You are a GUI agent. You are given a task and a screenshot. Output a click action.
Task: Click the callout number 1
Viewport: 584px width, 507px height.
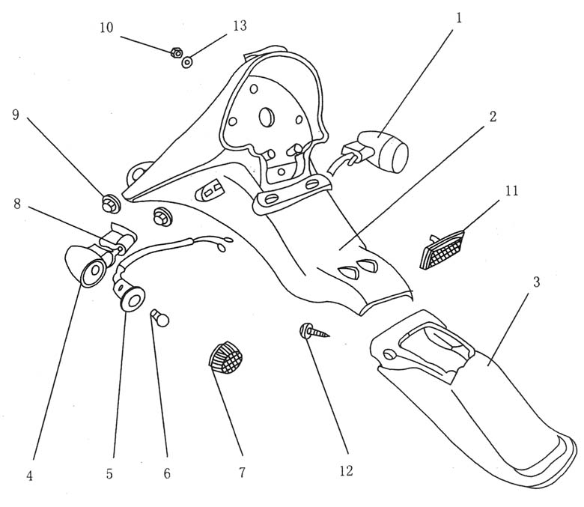coord(459,16)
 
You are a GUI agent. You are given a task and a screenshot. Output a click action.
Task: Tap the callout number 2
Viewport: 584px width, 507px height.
coord(492,118)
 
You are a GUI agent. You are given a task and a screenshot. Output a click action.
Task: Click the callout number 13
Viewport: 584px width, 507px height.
coord(240,25)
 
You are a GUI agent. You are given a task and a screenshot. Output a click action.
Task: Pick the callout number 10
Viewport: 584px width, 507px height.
coord(106,28)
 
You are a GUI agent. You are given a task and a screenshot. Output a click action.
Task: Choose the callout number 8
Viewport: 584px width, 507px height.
coord(15,203)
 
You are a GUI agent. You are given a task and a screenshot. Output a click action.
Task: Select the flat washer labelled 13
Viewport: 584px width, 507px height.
coord(187,61)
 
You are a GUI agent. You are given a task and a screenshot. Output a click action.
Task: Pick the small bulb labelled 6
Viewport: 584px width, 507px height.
coord(161,319)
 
